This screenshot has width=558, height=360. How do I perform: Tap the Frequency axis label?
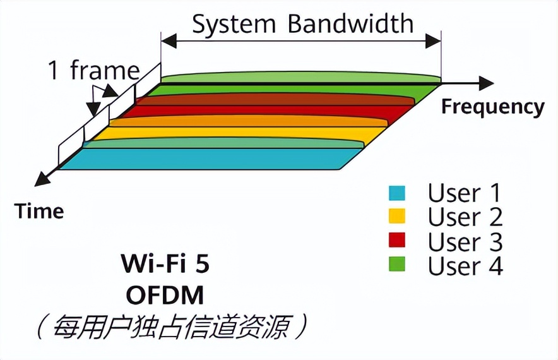pyautogui.click(x=492, y=107)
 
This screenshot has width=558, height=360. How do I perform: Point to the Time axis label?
pyautogui.click(x=40, y=211)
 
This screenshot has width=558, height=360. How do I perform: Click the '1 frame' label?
pyautogui.click(x=94, y=71)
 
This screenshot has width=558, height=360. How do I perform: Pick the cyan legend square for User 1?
pyautogui.click(x=396, y=192)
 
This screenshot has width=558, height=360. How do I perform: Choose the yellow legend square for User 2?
pyautogui.click(x=396, y=217)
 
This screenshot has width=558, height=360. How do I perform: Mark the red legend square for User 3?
pyautogui.click(x=396, y=241)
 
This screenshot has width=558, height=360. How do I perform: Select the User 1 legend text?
pyautogui.click(x=465, y=192)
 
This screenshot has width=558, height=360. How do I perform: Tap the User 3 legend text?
pyautogui.click(x=465, y=241)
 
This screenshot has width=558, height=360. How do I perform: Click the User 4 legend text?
pyautogui.click(x=465, y=266)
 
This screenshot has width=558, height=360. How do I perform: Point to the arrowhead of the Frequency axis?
pyautogui.click(x=487, y=83)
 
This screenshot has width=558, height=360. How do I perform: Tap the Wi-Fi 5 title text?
pyautogui.click(x=165, y=264)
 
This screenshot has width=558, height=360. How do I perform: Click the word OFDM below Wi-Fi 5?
pyautogui.click(x=165, y=294)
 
